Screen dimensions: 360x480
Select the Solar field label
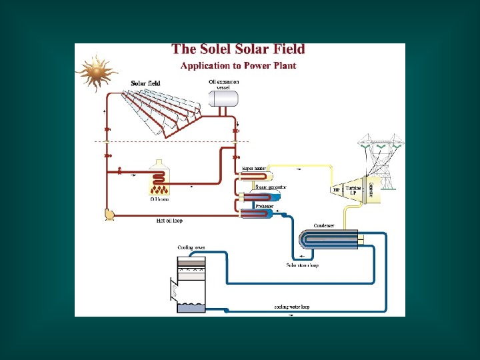[145, 83]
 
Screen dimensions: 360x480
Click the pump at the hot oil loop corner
[109, 214]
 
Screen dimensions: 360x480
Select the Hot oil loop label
[169, 220]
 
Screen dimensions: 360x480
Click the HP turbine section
[336, 189]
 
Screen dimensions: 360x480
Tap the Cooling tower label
[191, 247]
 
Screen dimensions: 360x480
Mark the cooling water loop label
[292, 307]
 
